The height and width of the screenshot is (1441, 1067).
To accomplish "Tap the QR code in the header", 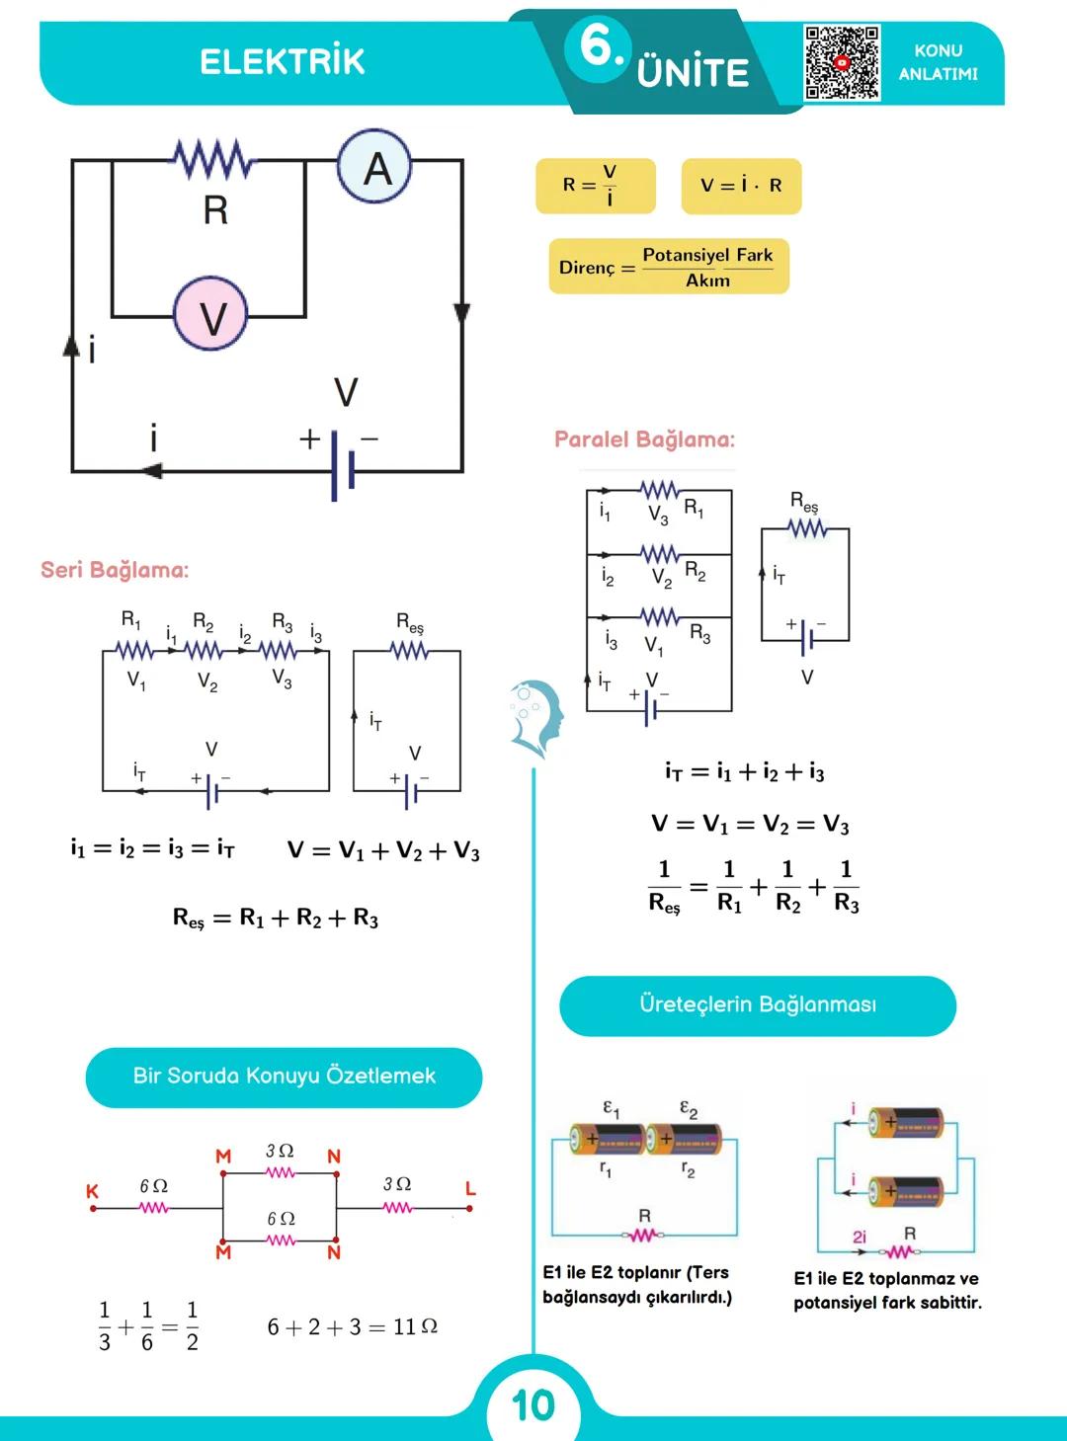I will (842, 62).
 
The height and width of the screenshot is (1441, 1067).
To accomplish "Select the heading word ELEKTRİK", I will (283, 61).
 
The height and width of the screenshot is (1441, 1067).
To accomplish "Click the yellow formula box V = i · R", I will (741, 186).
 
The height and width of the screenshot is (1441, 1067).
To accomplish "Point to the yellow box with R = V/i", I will (595, 186).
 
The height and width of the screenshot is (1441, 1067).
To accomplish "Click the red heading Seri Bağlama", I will (115, 570).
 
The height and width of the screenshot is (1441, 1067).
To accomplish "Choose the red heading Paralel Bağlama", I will (644, 440).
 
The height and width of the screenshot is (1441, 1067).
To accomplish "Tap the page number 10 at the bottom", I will (533, 1405).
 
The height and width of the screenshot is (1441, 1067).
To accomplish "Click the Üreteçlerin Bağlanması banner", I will (758, 1005).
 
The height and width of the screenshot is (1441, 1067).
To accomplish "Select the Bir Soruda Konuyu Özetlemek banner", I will (284, 1077).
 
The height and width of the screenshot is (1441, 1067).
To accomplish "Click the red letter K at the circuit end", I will (92, 1191).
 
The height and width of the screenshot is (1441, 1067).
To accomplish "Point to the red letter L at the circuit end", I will (471, 1188).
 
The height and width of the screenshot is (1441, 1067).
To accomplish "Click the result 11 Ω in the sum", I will (415, 1326).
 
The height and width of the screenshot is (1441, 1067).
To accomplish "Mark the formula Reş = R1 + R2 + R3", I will (276, 919).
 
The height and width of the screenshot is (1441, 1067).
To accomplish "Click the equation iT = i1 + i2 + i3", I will (745, 772).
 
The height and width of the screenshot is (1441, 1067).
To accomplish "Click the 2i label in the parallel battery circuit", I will (860, 1237).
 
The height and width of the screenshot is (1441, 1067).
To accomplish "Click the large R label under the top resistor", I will (215, 210).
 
